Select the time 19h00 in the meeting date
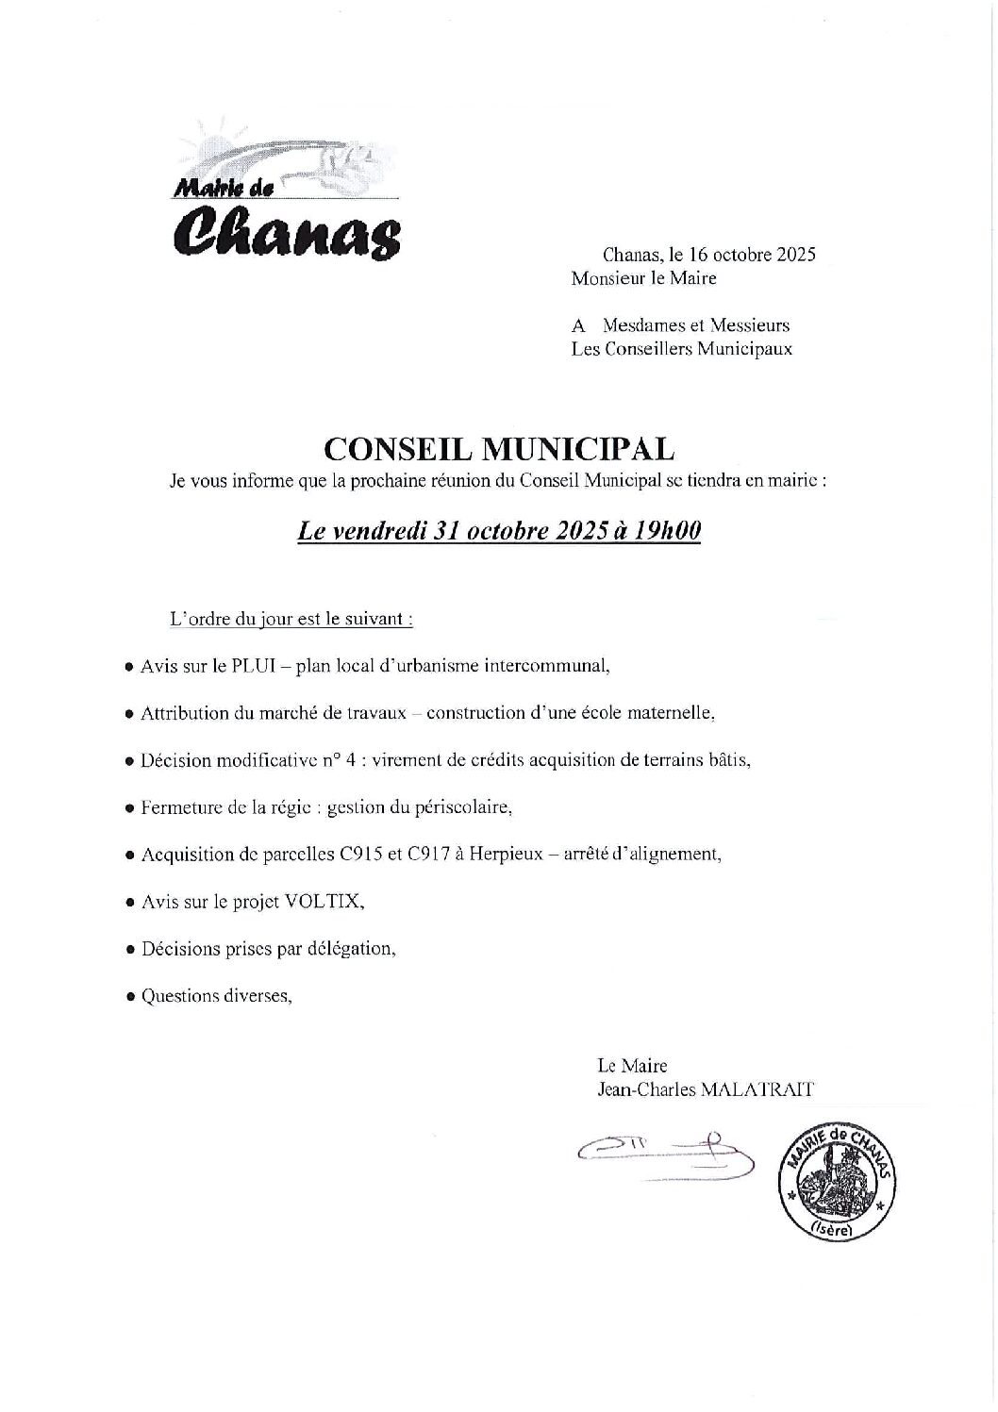point(668,532)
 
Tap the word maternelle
point(671,713)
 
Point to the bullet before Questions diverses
point(129,997)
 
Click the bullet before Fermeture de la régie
point(129,808)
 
